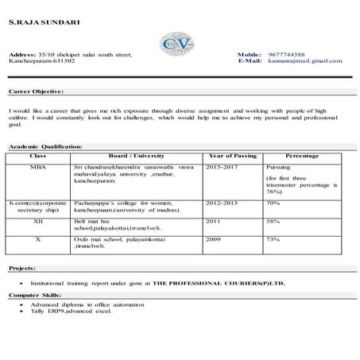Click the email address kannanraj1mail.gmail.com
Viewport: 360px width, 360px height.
(306, 60)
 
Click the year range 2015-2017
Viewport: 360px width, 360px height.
(222, 168)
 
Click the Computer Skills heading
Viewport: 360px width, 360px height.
(35, 295)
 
